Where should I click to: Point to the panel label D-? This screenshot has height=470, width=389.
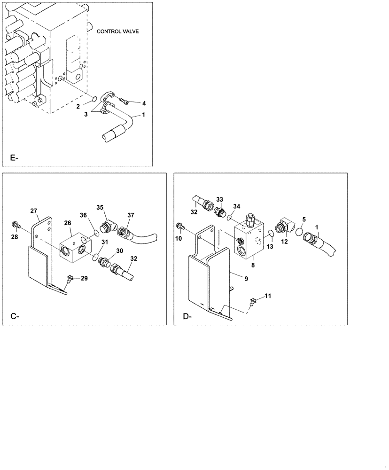tap(187, 316)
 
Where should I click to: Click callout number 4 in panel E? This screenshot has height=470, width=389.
tap(144, 103)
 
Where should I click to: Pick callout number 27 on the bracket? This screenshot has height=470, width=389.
tap(34, 211)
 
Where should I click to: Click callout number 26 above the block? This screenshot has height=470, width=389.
tap(68, 223)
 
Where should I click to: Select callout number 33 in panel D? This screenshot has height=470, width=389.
tap(220, 199)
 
